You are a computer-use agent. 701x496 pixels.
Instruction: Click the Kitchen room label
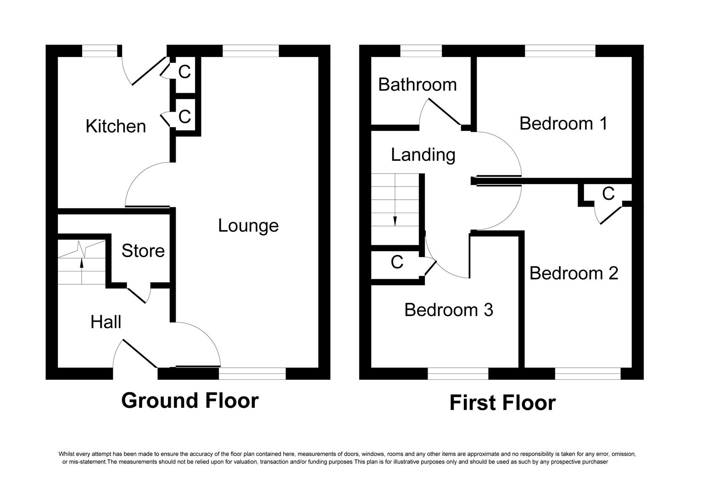[116, 126]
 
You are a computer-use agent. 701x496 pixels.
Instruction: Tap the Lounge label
[248, 225]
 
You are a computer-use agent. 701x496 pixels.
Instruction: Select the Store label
[143, 251]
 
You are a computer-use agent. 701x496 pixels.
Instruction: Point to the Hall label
[106, 322]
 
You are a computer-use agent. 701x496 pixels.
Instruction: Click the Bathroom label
[417, 85]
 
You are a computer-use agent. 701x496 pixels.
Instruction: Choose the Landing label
[423, 155]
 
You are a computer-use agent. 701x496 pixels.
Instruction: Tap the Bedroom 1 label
[563, 124]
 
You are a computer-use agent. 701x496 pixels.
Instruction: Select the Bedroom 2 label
[573, 273]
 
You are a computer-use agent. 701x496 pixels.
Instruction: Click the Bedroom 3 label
[449, 310]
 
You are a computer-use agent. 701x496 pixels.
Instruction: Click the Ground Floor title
[190, 400]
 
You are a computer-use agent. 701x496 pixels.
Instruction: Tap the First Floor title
[502, 403]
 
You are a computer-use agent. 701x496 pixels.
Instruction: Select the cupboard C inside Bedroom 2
[608, 194]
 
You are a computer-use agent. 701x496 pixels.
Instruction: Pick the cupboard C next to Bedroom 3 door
[397, 262]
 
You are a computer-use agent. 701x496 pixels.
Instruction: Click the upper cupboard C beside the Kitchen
[184, 72]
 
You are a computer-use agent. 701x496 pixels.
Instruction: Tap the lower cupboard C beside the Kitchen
[184, 117]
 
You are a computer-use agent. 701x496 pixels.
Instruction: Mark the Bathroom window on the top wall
[421, 51]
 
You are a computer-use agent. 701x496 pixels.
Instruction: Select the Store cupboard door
[138, 295]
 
